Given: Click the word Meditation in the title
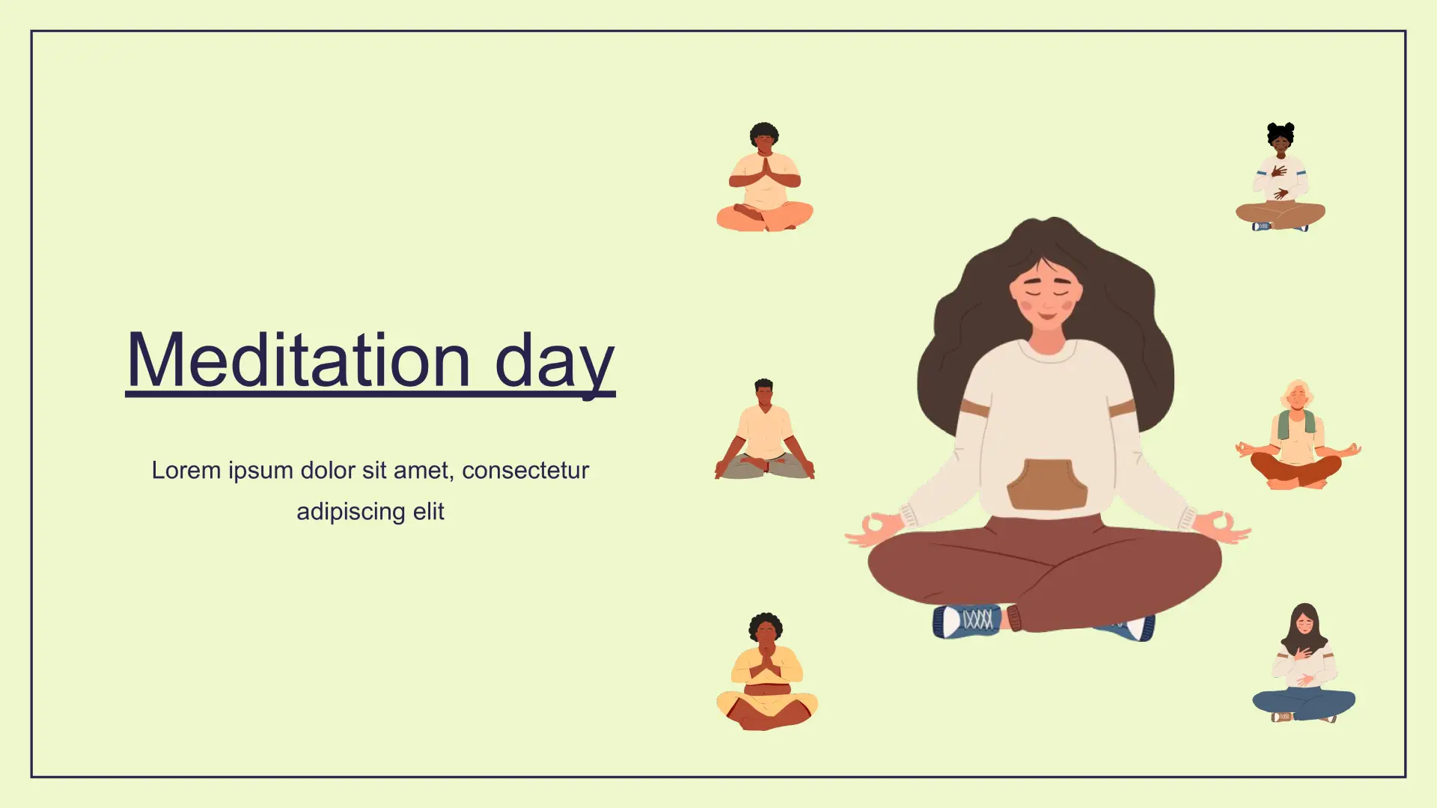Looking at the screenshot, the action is coord(299,360).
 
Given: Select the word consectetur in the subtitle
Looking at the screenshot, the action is coord(525,471).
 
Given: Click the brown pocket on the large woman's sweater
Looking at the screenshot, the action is coord(1047,484).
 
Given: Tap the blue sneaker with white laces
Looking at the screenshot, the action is coord(967,621).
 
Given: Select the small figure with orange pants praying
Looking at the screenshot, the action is coord(764,177).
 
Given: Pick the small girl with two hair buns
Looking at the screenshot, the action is coord(1280,177).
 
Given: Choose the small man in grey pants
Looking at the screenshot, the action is coord(764,429).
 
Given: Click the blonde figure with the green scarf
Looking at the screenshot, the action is coord(1297,435).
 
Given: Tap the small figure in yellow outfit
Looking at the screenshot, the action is coord(766,671).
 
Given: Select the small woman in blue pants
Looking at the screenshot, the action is coord(1303,663).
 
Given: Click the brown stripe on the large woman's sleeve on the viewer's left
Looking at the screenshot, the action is coord(974,408).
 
